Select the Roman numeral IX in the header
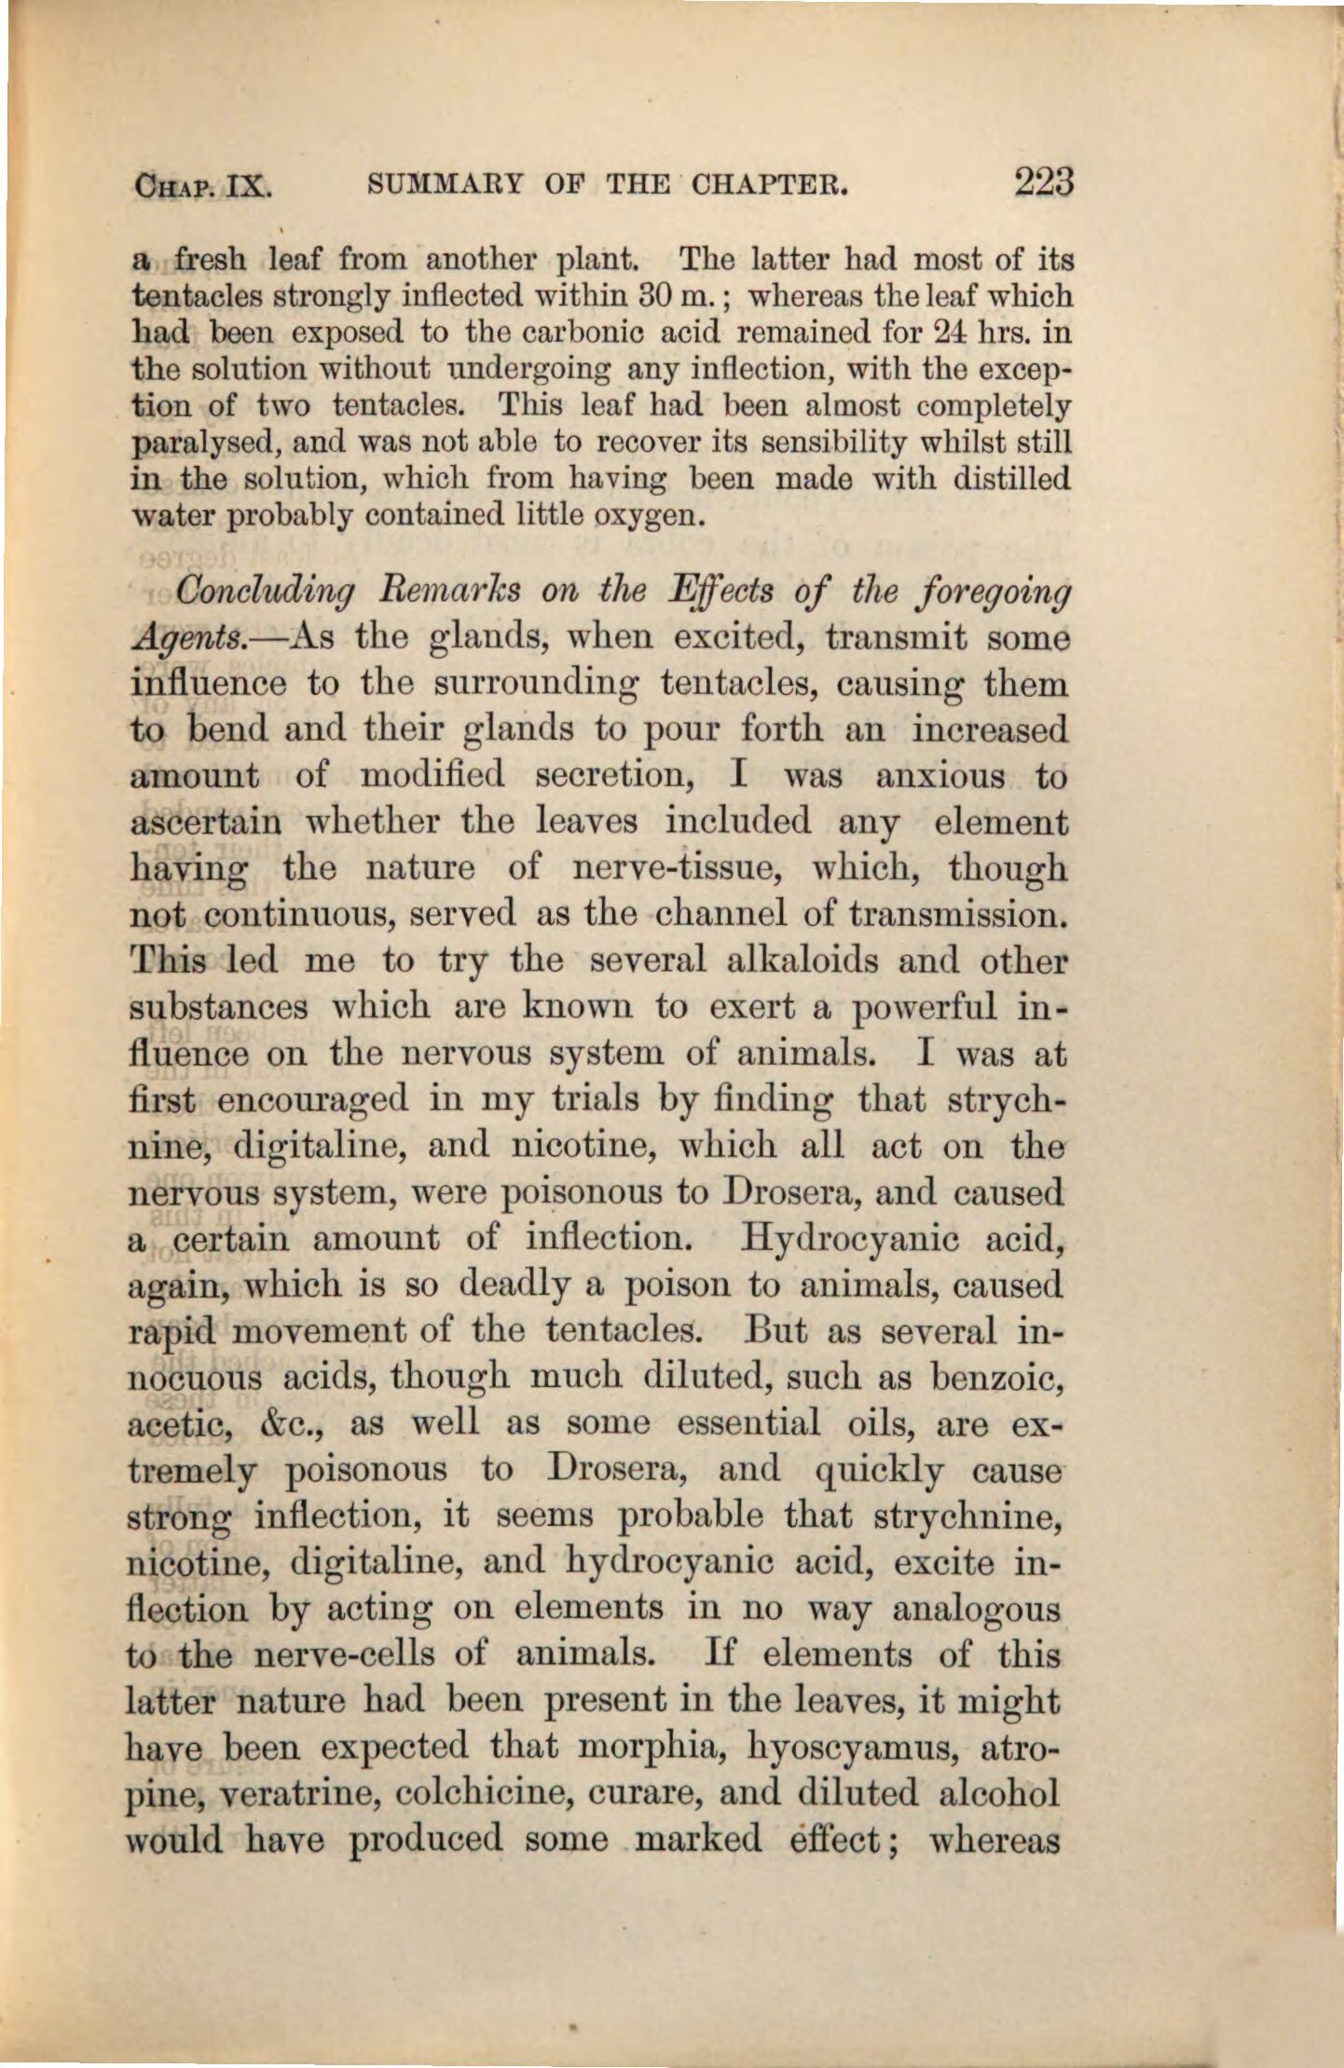pyautogui.click(x=249, y=185)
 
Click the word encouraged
pyautogui.click(x=312, y=1099)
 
